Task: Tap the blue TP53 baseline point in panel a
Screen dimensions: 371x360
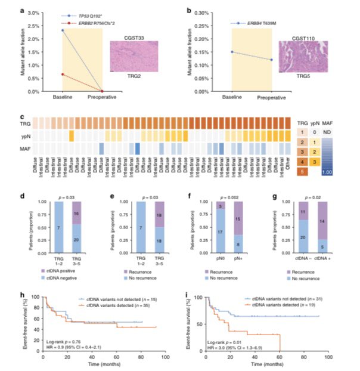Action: tap(63, 30)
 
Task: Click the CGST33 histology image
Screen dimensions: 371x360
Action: tap(134, 56)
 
